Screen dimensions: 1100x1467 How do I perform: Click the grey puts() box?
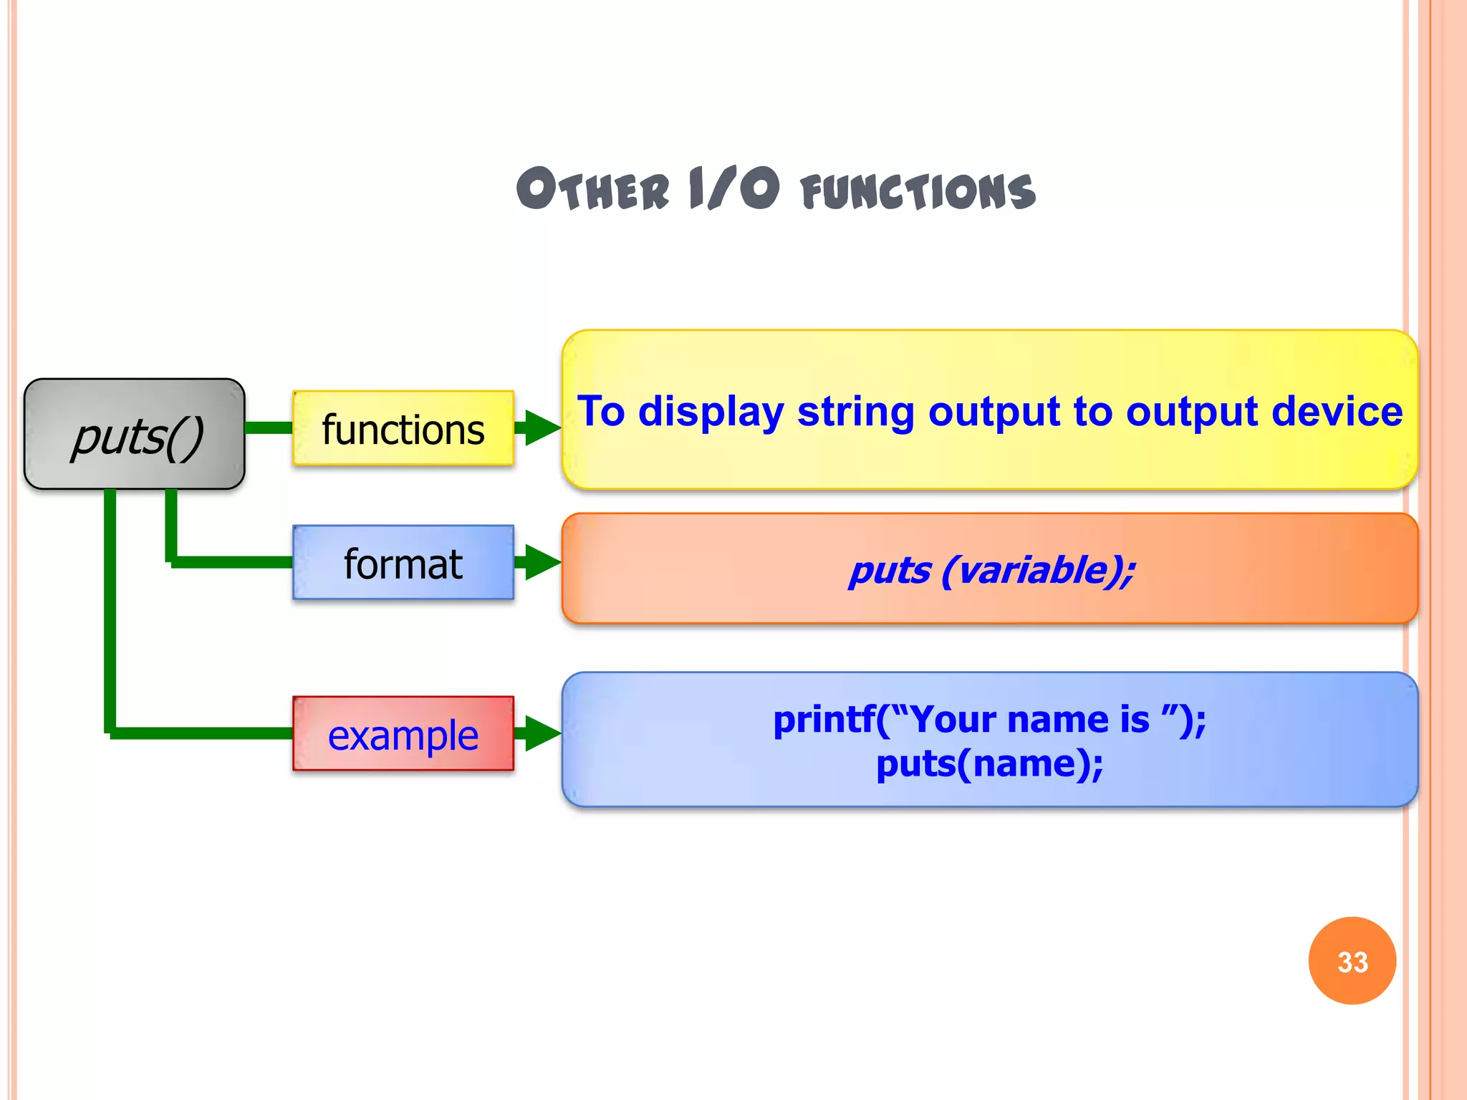[135, 434]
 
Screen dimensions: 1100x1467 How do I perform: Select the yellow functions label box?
[403, 428]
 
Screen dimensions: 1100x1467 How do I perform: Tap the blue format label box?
[403, 563]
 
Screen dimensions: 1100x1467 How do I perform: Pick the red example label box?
[403, 734]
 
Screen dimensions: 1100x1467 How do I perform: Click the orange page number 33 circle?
[1352, 960]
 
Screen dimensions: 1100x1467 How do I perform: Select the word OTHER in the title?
[592, 190]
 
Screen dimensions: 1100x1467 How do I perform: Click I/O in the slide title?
[733, 188]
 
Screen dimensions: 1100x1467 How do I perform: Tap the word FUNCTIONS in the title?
[918, 192]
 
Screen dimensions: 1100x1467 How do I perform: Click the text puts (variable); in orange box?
[991, 571]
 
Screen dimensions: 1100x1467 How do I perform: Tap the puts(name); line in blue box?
[989, 763]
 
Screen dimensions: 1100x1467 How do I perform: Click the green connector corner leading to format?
[172, 561]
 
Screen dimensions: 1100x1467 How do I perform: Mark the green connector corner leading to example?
[110, 733]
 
